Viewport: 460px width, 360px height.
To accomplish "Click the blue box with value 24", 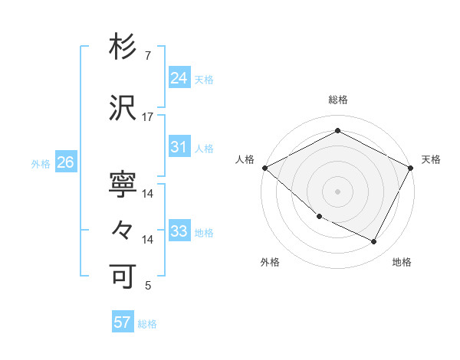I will pos(179,77).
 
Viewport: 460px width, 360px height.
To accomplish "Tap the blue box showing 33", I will pos(179,231).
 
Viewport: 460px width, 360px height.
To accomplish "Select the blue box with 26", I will pos(65,162).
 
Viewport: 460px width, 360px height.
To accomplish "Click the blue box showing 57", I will pos(122,322).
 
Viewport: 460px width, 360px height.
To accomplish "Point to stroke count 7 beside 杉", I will pos(147,56).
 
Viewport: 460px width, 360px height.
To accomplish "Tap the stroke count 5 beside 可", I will pos(147,286).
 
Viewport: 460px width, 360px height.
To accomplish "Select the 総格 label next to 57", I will pos(147,324).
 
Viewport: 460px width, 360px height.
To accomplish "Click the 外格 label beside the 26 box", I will pos(40,163).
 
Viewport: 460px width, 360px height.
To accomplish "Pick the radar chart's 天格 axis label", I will pos(431,159).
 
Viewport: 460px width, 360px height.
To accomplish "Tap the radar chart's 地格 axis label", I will pos(402,262).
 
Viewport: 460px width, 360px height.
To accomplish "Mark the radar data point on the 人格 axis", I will pos(264,168).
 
